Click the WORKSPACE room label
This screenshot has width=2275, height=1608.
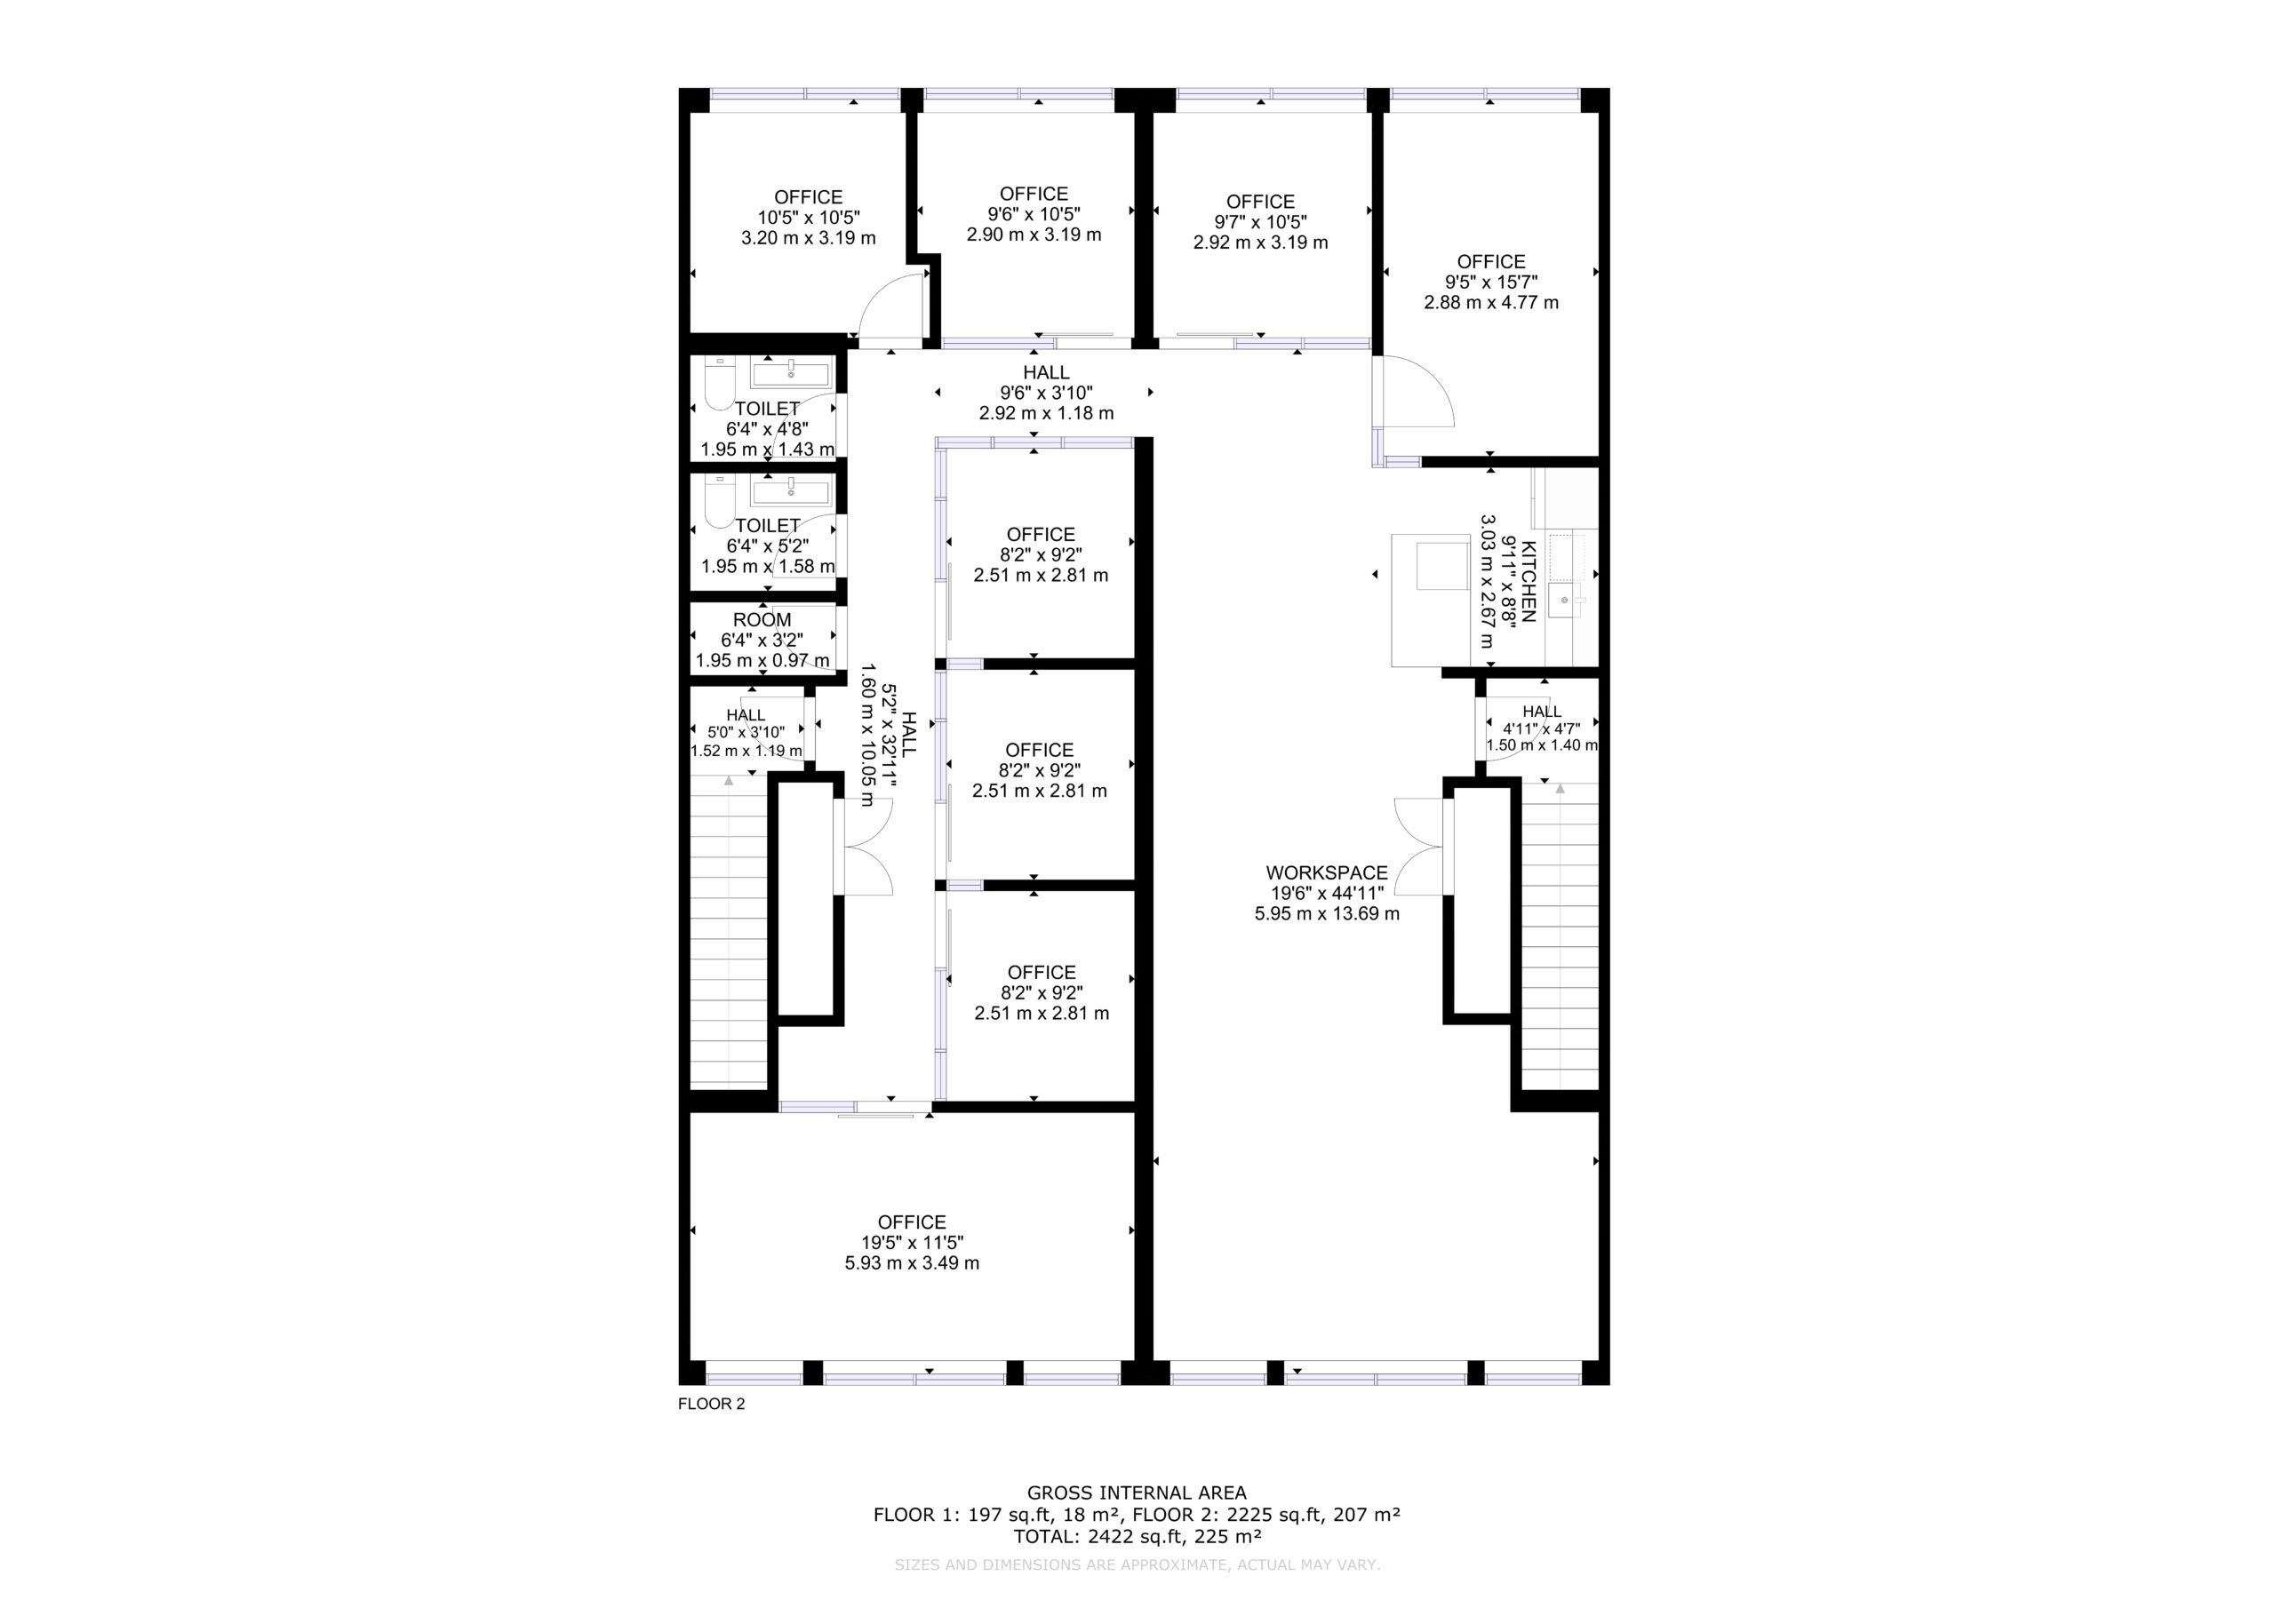click(1327, 873)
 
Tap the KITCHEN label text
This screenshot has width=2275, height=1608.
click(1529, 582)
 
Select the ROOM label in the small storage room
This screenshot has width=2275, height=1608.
click(762, 620)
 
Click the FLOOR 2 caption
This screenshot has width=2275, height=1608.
click(712, 1404)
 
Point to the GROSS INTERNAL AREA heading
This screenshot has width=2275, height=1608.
click(1137, 1493)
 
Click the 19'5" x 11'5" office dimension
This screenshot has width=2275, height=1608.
click(912, 1242)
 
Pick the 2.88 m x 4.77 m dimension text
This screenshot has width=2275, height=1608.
click(1491, 302)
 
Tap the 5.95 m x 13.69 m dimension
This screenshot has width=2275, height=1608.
click(1327, 913)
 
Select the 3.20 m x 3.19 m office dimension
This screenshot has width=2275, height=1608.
click(809, 238)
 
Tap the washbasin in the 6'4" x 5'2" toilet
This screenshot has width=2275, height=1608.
click(791, 490)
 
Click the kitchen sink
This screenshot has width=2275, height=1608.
click(1566, 601)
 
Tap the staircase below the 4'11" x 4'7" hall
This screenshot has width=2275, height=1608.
click(1560, 936)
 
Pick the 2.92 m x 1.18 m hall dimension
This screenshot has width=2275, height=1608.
click(1046, 413)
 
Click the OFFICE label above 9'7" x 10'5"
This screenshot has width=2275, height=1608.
click(1260, 201)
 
